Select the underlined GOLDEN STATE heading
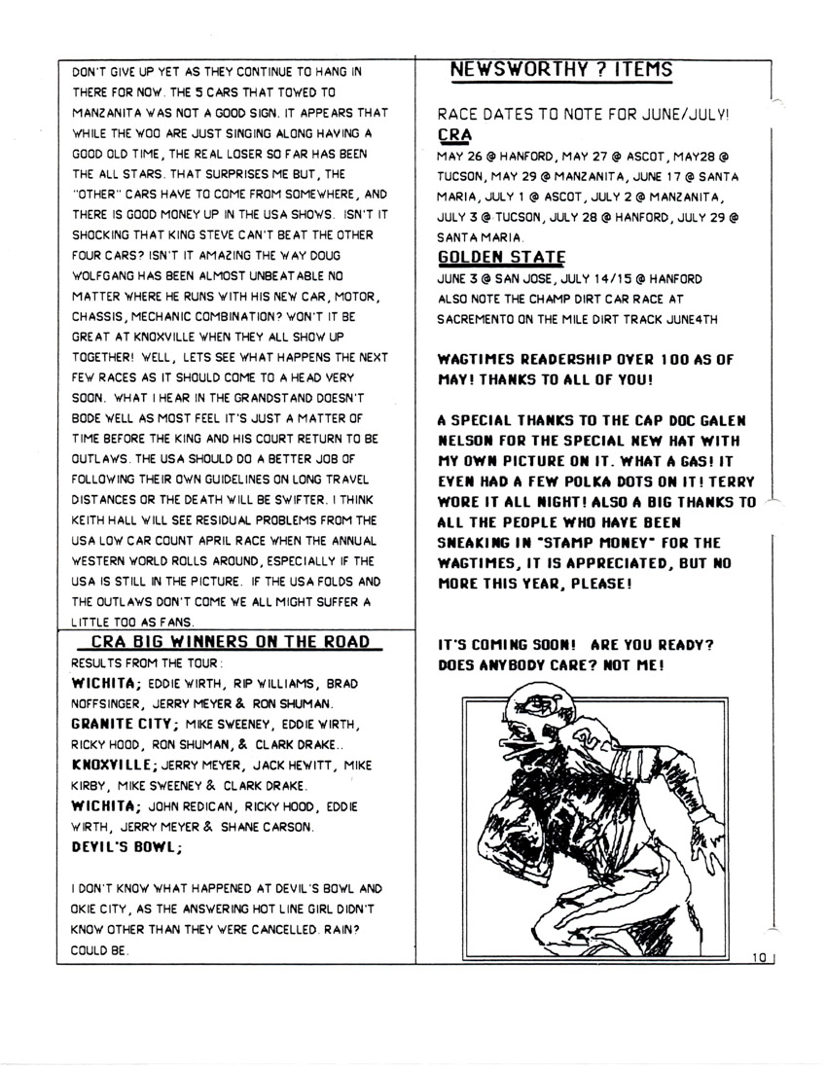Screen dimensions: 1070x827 point(502,258)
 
